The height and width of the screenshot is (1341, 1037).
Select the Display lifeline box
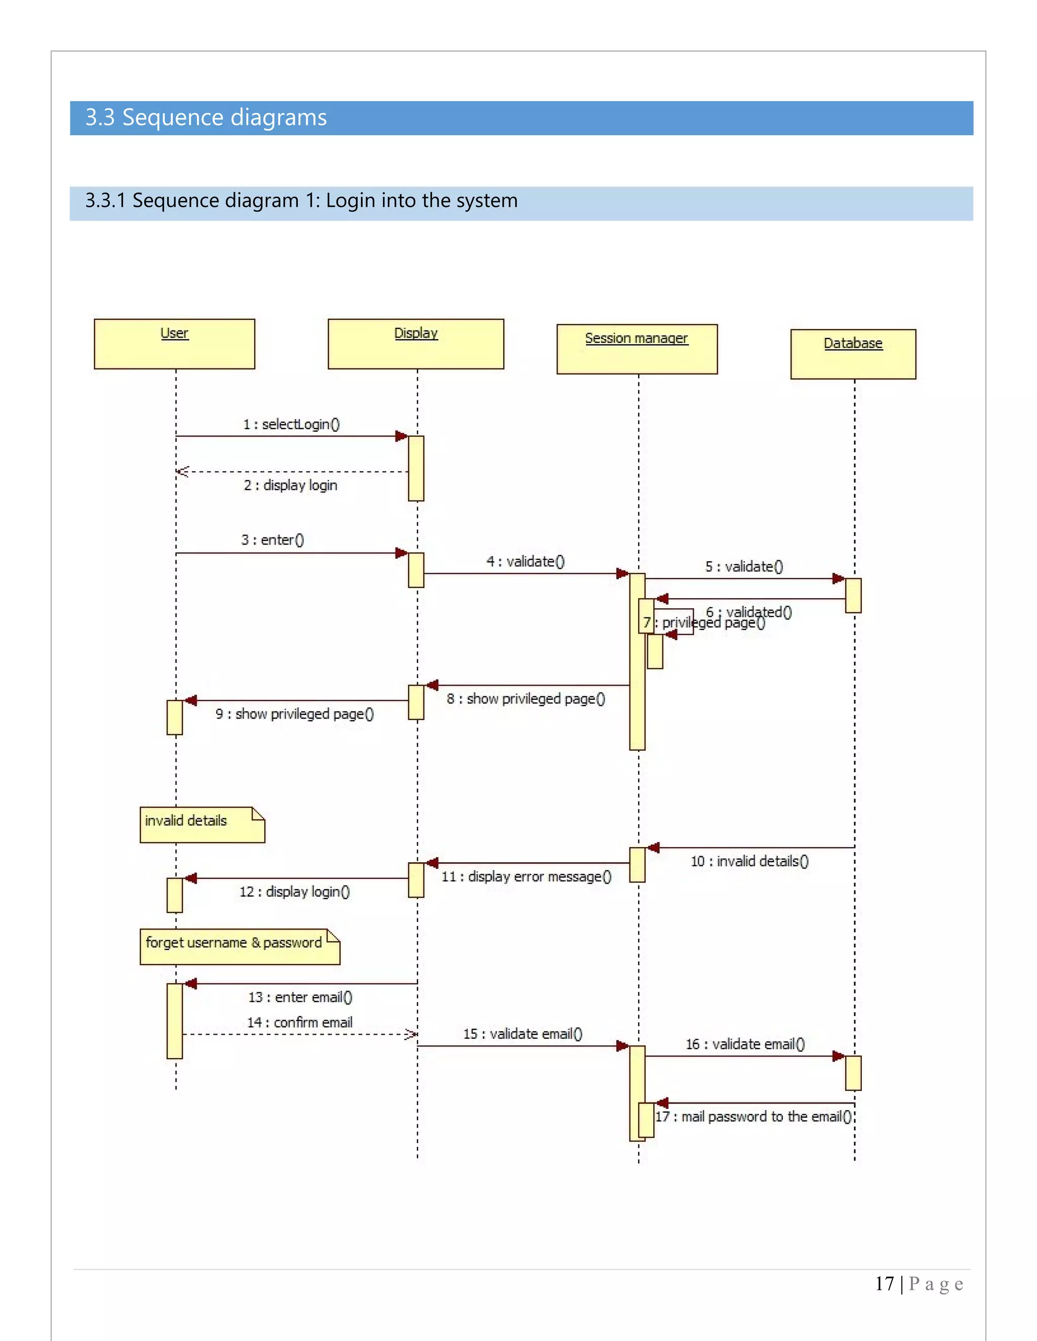click(x=415, y=343)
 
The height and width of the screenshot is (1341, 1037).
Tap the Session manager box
click(x=636, y=349)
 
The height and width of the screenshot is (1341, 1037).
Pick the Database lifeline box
click(x=853, y=354)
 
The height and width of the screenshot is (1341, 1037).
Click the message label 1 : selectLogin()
click(x=291, y=424)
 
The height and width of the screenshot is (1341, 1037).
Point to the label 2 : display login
click(x=291, y=485)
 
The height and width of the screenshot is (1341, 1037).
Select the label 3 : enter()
click(x=272, y=540)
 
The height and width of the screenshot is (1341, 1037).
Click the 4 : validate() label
click(x=525, y=561)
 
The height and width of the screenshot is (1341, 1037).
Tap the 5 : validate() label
click(x=744, y=566)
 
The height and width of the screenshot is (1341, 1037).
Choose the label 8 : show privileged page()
click(x=526, y=699)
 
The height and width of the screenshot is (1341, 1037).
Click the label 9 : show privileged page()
click(x=294, y=714)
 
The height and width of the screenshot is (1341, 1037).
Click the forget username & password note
click(x=239, y=946)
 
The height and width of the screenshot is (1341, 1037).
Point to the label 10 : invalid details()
click(x=749, y=861)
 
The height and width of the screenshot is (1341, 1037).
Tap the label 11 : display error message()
click(x=527, y=876)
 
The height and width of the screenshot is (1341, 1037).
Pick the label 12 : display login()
click(x=294, y=892)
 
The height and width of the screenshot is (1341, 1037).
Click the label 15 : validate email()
click(x=523, y=1033)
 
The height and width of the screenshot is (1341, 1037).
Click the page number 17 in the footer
click(x=884, y=1283)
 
